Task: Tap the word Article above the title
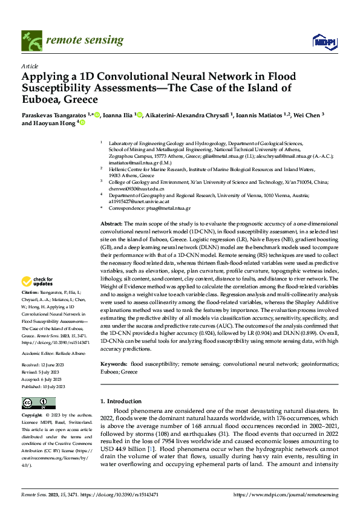[x=29, y=66]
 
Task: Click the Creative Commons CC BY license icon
[x=39, y=403]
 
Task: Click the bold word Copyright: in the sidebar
[x=32, y=416]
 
